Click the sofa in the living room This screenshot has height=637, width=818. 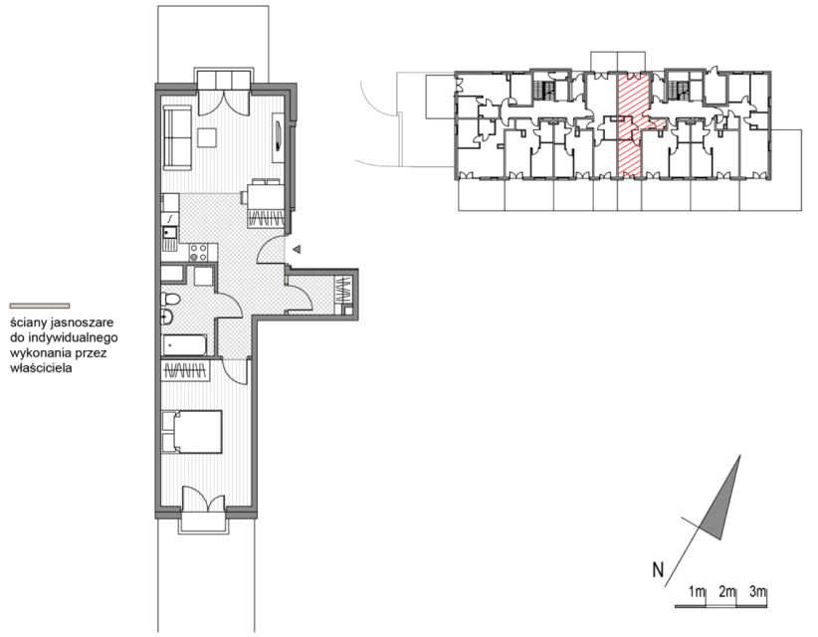(178, 137)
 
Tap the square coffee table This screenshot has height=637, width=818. (207, 137)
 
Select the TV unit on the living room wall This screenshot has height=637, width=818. (279, 136)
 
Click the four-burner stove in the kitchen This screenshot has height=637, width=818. (199, 253)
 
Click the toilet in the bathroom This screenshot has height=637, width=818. (170, 300)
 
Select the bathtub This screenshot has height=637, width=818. (185, 345)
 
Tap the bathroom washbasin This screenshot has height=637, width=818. (167, 318)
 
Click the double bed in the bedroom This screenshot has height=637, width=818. (192, 431)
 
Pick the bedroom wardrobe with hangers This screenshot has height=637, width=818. (186, 371)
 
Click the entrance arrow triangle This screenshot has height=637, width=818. (297, 250)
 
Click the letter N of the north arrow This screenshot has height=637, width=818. (658, 569)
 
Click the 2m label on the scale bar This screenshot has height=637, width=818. (726, 592)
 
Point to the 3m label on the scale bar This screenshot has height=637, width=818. (757, 592)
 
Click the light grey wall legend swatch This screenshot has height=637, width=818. (40, 306)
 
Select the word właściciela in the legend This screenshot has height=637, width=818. (41, 368)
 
